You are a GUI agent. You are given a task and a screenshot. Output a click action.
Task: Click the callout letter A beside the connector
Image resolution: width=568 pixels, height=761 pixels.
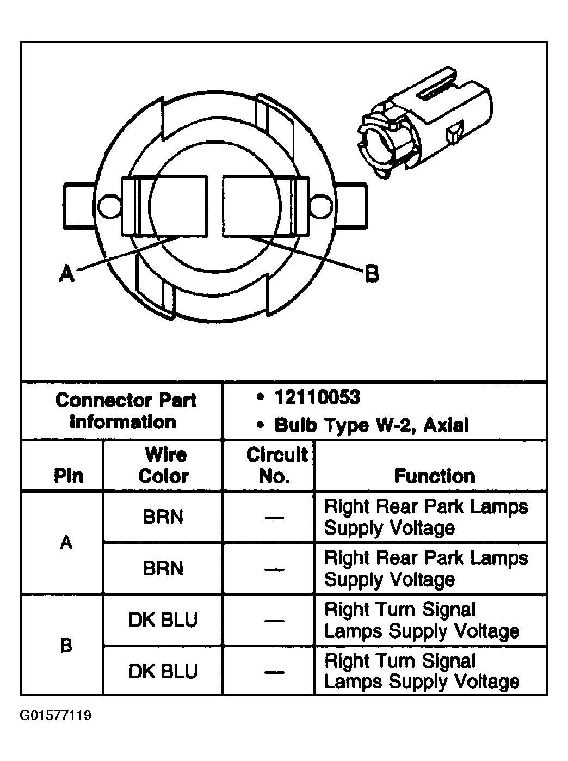pyautogui.click(x=66, y=273)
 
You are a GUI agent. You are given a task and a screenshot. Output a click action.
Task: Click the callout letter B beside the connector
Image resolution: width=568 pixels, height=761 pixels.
pyautogui.click(x=372, y=273)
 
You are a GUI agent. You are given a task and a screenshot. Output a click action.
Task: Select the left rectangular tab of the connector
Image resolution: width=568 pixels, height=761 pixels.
pyautogui.click(x=79, y=205)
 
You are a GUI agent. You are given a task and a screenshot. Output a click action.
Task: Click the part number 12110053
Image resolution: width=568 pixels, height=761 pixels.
pyautogui.click(x=318, y=398)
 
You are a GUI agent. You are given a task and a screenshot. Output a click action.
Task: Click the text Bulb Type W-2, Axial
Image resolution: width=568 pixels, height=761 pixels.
pyautogui.click(x=372, y=425)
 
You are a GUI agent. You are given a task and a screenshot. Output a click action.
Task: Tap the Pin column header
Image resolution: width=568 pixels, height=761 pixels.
pyautogui.click(x=68, y=476)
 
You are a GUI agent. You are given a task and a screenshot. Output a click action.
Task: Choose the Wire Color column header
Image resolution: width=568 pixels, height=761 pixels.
pyautogui.click(x=163, y=465)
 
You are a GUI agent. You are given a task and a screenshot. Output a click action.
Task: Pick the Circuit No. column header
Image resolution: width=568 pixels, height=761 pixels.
pyautogui.click(x=276, y=465)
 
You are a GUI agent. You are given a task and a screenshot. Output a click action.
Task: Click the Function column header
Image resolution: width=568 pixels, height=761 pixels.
pyautogui.click(x=434, y=476)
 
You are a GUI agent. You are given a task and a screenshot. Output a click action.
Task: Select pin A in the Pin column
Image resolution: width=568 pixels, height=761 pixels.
pyautogui.click(x=66, y=542)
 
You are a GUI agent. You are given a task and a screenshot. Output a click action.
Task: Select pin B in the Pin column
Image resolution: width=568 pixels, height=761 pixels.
pyautogui.click(x=66, y=646)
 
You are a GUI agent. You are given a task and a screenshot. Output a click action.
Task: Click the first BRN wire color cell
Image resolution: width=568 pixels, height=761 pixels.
pyautogui.click(x=163, y=517)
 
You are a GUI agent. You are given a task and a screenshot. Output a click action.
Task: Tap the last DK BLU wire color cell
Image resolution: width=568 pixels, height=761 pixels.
pyautogui.click(x=163, y=671)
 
